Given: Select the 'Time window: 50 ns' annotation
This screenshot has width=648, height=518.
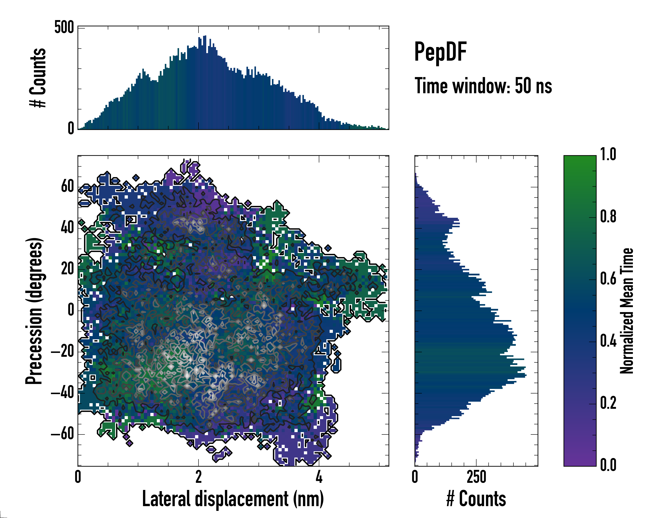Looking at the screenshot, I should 483,86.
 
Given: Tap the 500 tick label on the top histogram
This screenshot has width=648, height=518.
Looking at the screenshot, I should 64,28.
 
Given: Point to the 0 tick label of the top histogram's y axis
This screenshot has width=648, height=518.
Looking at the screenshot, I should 71,128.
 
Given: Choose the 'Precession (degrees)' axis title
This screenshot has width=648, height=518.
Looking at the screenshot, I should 34,311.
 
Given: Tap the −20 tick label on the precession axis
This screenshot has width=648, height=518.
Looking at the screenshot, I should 62,351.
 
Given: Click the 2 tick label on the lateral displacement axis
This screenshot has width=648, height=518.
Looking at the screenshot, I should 198,477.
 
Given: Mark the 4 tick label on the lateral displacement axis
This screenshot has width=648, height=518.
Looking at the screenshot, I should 319,477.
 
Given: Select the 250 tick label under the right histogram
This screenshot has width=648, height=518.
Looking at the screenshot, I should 476,477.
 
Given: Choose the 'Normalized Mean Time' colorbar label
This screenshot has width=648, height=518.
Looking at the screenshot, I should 627,311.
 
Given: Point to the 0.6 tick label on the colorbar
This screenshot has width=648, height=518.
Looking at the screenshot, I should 608,279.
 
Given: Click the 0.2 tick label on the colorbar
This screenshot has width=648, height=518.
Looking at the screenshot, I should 608,403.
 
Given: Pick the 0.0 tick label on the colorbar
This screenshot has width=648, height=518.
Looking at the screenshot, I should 608,465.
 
